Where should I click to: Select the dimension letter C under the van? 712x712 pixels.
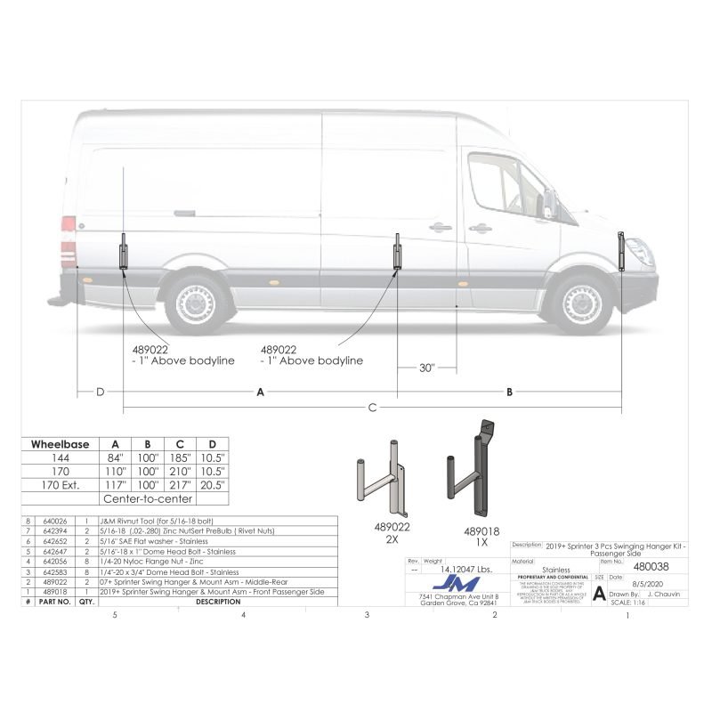pyautogui.click(x=372, y=408)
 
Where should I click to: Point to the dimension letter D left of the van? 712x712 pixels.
pyautogui.click(x=100, y=392)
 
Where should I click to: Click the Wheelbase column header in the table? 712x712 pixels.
pyautogui.click(x=59, y=443)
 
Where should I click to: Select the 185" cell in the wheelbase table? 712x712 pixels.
pyautogui.click(x=180, y=457)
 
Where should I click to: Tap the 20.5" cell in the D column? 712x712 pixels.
pyautogui.click(x=212, y=486)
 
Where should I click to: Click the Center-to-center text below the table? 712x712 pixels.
pyautogui.click(x=147, y=499)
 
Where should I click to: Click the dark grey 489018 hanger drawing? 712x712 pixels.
pyautogui.click(x=475, y=472)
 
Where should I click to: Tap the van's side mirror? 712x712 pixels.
pyautogui.click(x=548, y=204)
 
